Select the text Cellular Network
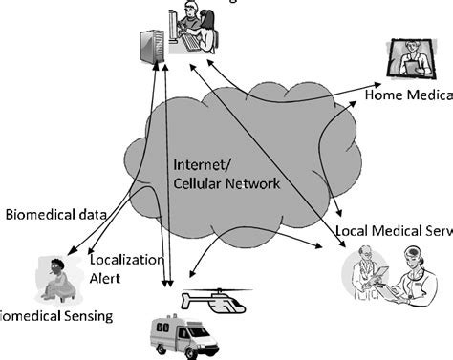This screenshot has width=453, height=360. [226, 183]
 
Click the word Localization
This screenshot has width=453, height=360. [126, 259]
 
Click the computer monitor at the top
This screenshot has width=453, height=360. [181, 25]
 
